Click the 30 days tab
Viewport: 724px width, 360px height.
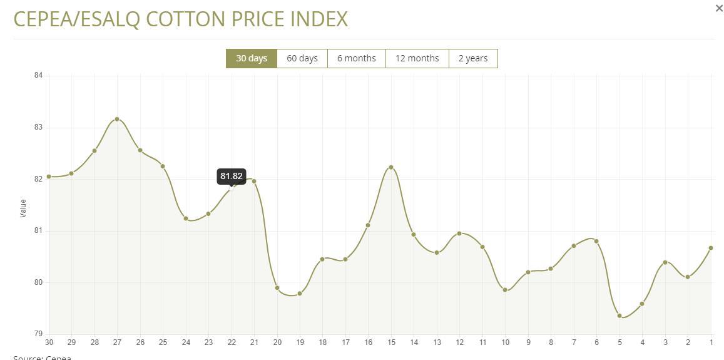251,58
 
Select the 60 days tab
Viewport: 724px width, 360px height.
302,58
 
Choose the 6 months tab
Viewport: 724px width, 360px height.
357,58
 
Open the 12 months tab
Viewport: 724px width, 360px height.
417,58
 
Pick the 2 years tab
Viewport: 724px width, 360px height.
473,58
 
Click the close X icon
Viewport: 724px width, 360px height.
719,8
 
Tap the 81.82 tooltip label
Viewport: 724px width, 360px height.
231,176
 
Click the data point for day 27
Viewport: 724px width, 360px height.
117,119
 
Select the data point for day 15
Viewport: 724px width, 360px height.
391,167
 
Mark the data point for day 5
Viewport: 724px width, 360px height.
619,316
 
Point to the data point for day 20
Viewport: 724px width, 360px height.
277,288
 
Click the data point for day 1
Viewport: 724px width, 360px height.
711,248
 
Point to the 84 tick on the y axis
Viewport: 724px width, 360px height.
38,76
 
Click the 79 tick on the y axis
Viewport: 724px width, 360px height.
38,334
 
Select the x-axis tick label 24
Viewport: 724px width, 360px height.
186,342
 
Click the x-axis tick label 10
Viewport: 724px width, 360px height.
505,342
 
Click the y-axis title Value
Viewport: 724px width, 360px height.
24,208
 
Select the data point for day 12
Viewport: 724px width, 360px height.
459,234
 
